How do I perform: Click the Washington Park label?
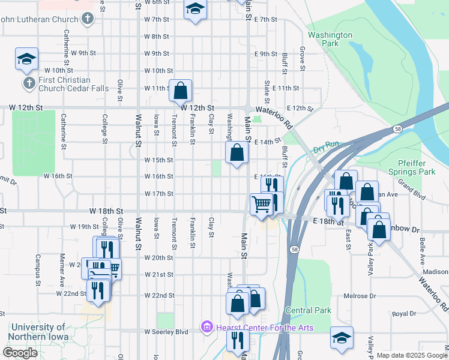click(330, 39)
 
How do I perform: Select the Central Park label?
click(309, 310)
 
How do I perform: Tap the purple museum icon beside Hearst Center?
click(207, 327)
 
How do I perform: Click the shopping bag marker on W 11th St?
click(181, 91)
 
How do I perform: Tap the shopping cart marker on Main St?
click(261, 204)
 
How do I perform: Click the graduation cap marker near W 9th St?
click(26, 58)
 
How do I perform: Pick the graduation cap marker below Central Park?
click(342, 337)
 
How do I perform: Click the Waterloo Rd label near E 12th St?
click(274, 111)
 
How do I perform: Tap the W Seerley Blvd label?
click(166, 332)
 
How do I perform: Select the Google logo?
click(20, 352)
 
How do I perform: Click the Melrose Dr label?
click(360, 296)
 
